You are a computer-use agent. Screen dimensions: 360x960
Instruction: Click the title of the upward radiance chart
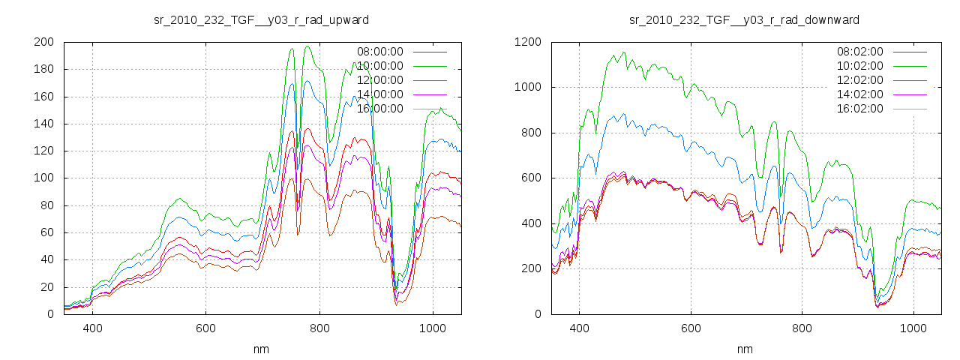point(261,19)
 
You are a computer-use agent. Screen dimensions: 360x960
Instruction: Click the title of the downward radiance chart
point(744,19)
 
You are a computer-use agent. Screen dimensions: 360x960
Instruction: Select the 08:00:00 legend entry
point(379,52)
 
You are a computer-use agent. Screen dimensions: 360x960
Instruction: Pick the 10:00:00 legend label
point(379,66)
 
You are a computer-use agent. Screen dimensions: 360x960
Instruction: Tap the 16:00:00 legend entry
point(379,109)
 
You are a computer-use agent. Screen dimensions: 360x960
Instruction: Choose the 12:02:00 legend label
point(859,80)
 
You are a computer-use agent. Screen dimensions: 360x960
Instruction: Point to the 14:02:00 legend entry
point(859,94)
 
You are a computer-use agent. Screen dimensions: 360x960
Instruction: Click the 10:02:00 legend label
point(859,66)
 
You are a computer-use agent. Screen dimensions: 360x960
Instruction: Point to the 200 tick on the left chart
point(43,42)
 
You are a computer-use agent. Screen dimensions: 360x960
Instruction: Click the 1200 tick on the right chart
point(526,42)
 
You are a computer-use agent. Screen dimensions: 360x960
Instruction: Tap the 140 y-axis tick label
point(43,124)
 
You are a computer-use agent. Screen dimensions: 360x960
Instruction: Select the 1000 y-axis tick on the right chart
point(526,87)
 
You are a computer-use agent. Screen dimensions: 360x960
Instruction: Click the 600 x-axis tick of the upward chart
point(205,328)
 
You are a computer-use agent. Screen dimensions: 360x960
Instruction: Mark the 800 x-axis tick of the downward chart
point(802,328)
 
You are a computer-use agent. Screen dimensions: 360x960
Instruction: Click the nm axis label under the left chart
point(262,349)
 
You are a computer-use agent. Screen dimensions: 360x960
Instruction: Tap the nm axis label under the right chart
point(745,349)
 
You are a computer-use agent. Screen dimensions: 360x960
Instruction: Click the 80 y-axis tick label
point(46,205)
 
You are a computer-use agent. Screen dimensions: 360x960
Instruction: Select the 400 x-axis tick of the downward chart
point(578,328)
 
